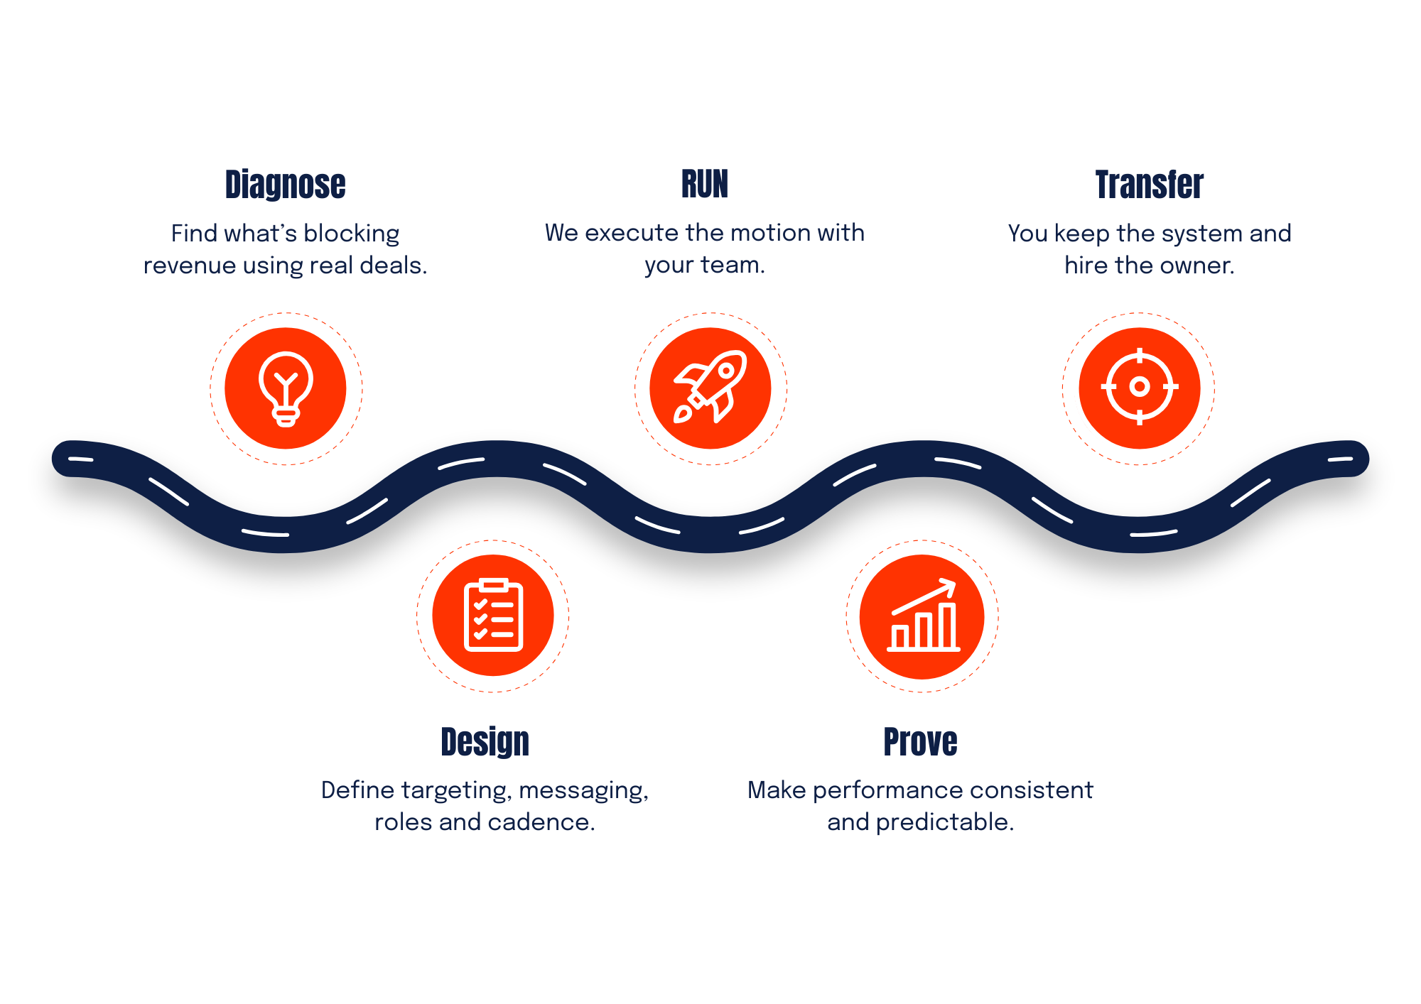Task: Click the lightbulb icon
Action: [286, 388]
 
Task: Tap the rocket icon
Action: [710, 387]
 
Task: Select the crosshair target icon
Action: [1140, 387]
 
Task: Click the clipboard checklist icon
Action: [494, 615]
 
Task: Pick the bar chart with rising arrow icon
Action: [923, 616]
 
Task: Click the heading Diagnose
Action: [286, 185]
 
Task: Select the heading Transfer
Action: [1148, 185]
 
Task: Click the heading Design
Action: [485, 742]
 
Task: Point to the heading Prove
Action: [920, 742]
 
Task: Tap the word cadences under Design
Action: [537, 824]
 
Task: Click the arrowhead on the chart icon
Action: [949, 586]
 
